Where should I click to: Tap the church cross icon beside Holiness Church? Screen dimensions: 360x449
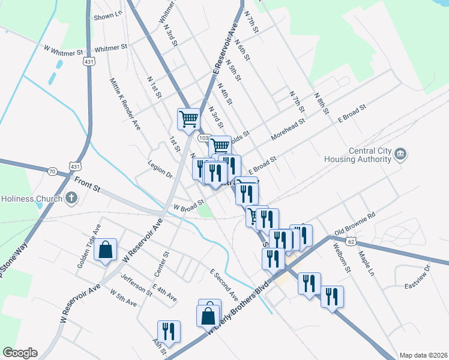click(x=71, y=198)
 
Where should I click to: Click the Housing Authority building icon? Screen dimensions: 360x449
click(x=400, y=155)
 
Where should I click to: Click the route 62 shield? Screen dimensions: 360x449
click(x=351, y=241)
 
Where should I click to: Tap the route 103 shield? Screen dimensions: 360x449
click(x=203, y=138)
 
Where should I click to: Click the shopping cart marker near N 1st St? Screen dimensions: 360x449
click(x=189, y=118)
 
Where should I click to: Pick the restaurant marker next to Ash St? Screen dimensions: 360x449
click(x=168, y=331)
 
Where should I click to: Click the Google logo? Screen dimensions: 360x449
click(x=20, y=353)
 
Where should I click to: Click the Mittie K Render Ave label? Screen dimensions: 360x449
click(x=125, y=104)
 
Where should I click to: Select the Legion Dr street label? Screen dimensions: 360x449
click(x=160, y=170)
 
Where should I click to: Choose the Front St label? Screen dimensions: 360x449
click(x=87, y=184)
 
